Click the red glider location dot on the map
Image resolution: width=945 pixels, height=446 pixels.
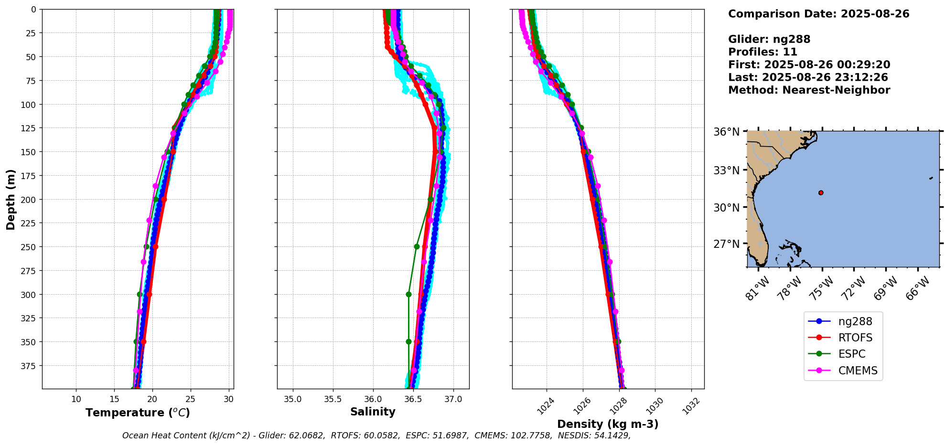[821, 193]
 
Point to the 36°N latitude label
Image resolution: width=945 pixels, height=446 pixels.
[726, 132]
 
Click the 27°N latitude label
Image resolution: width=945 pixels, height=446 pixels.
[726, 244]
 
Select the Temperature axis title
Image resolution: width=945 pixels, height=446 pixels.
[138, 413]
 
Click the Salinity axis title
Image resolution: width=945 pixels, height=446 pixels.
[373, 412]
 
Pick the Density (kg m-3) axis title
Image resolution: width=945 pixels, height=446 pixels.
[608, 424]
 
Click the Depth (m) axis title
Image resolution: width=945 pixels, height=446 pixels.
[11, 199]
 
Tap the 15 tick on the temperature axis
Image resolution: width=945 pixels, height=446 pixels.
[114, 399]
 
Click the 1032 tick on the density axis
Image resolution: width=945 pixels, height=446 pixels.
[691, 406]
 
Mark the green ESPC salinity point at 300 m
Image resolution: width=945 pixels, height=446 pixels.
[408, 294]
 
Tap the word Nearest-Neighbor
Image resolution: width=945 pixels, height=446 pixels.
[836, 90]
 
